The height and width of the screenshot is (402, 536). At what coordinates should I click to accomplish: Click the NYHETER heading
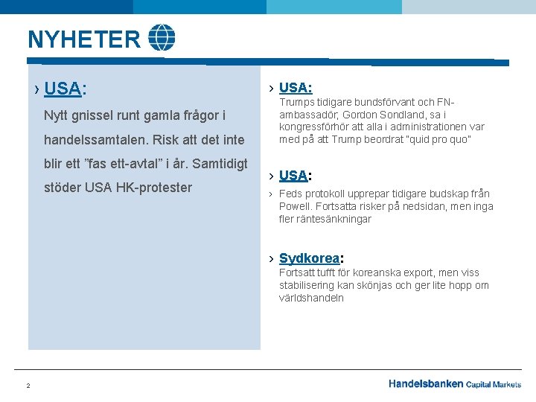point(83,39)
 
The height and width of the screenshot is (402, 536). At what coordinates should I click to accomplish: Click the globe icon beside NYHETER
point(162,37)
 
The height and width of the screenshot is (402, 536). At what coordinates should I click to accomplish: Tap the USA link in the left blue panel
point(62,89)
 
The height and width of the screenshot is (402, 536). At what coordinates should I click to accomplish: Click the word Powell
point(297,206)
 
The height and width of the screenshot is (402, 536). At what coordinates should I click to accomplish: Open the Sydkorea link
point(309,258)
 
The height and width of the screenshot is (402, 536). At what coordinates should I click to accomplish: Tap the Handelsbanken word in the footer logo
point(426,384)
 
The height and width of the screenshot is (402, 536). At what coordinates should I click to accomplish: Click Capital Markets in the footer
point(494,385)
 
